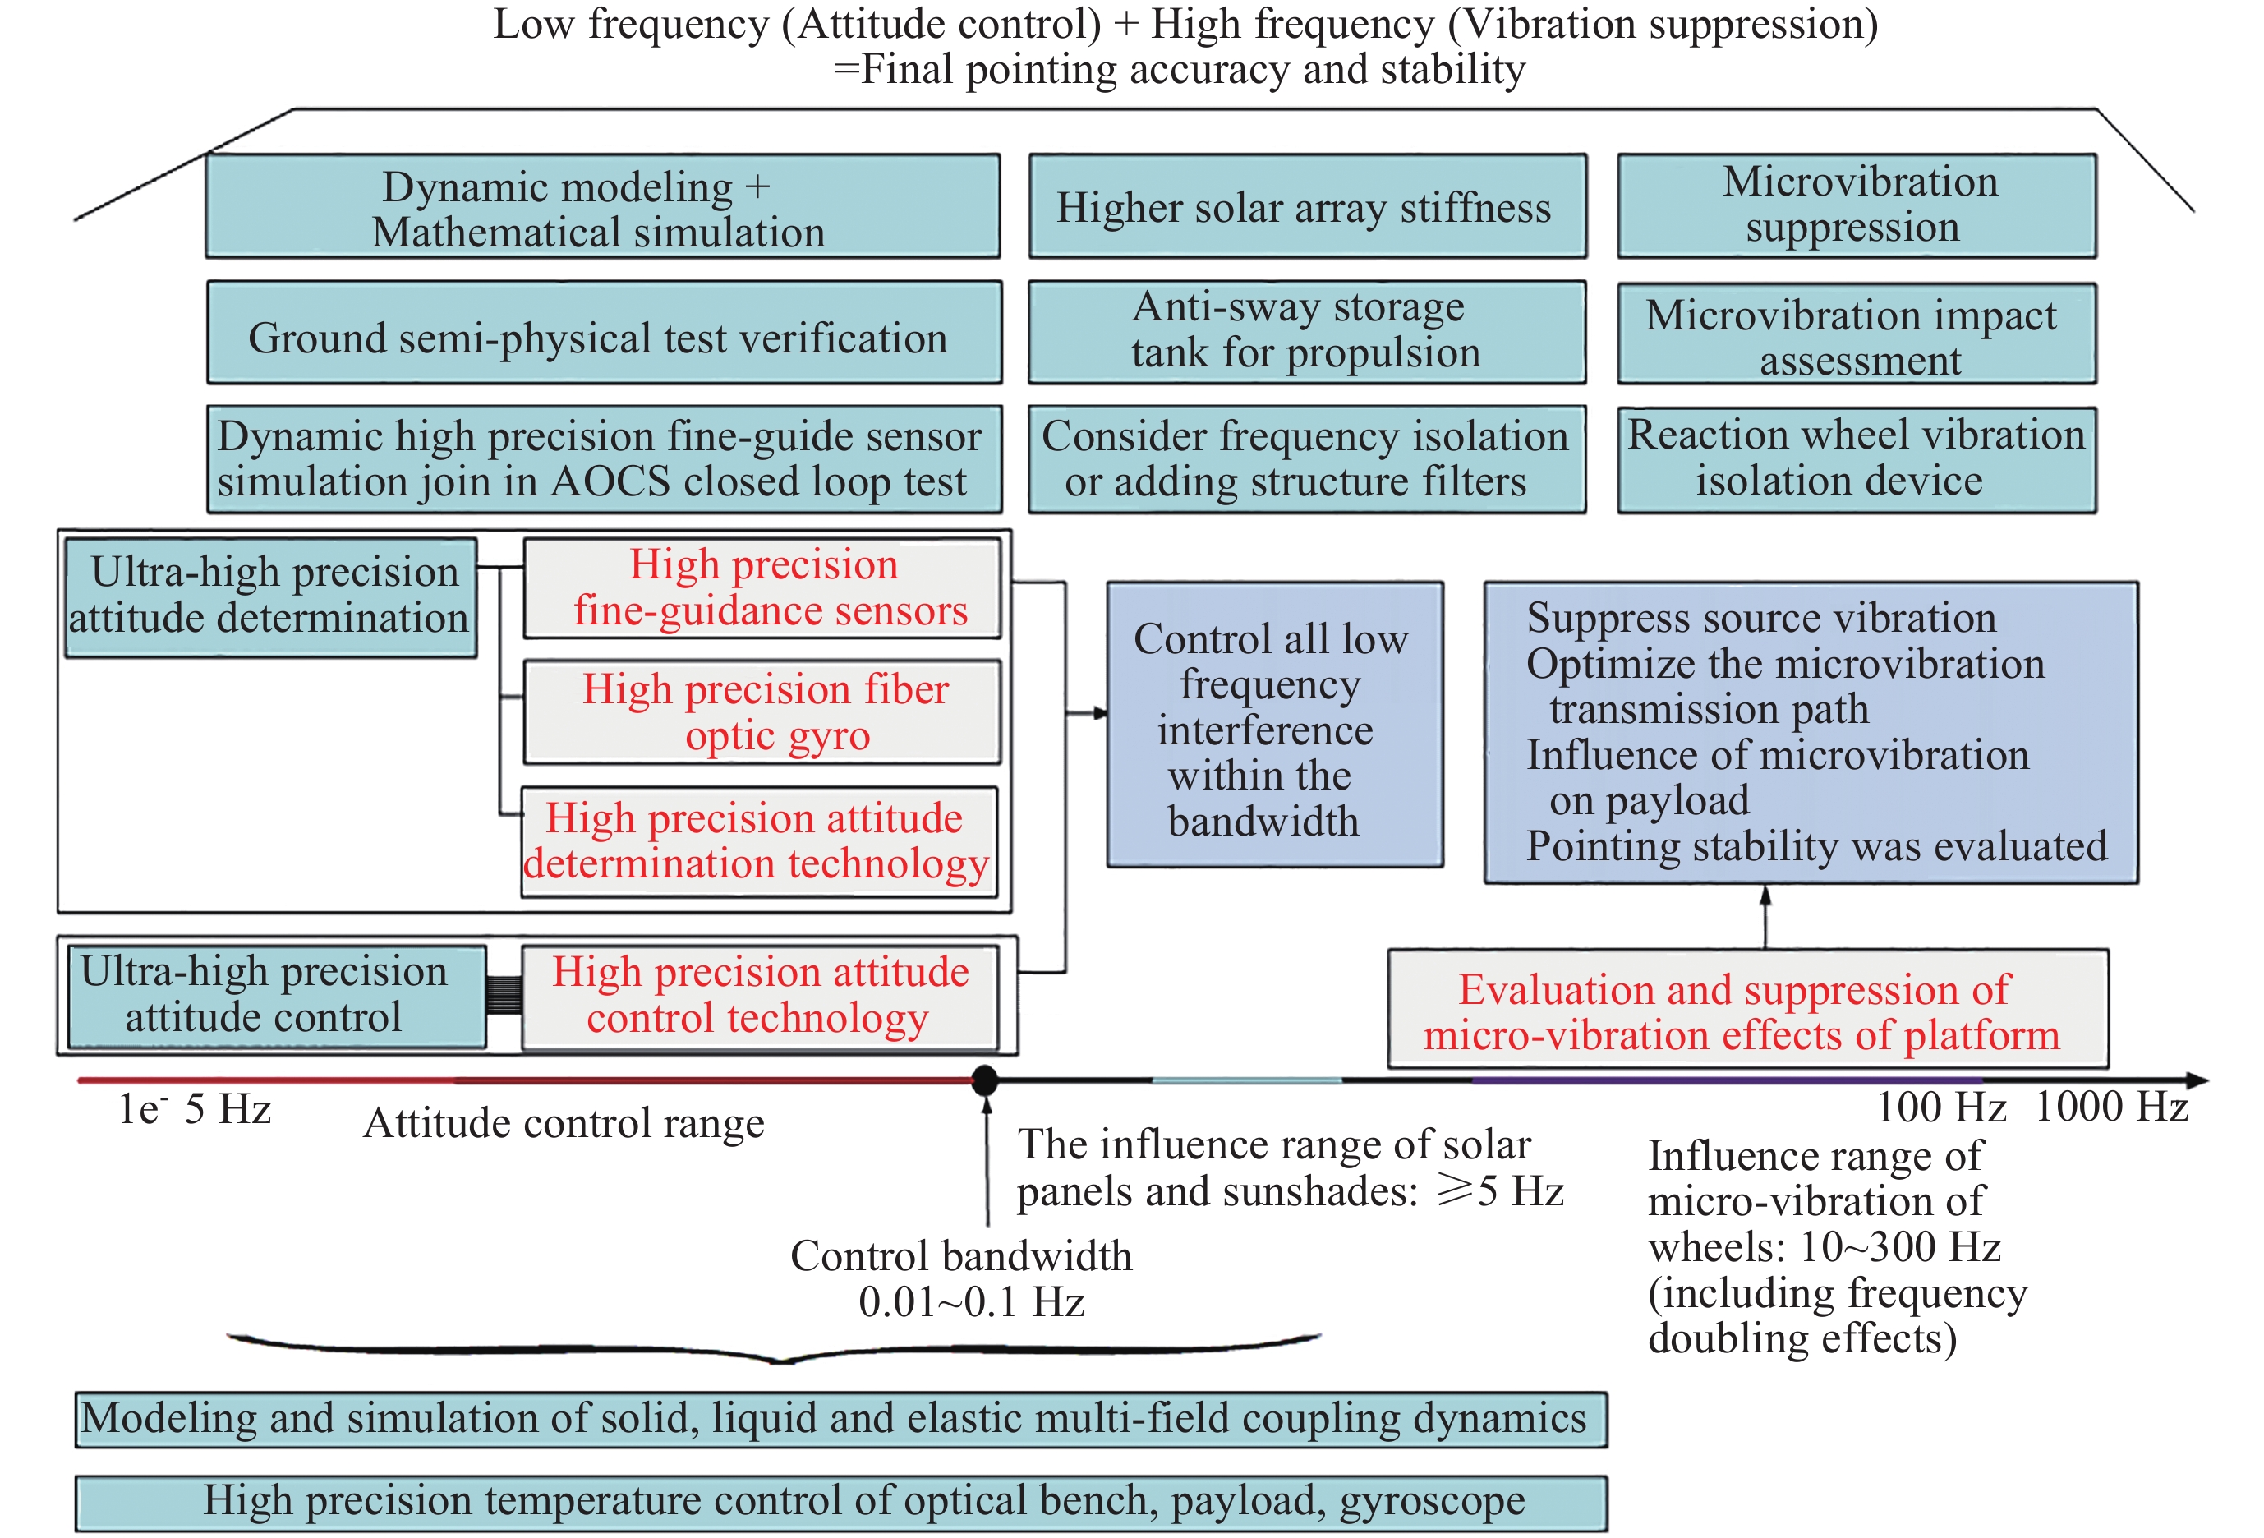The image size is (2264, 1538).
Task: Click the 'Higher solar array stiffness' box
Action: (1306, 206)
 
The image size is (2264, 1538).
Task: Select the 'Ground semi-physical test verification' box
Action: (604, 333)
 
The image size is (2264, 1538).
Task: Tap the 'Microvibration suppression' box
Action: (1857, 205)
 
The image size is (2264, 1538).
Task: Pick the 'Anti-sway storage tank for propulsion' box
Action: (1306, 332)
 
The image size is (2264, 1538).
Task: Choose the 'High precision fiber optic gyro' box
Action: (762, 712)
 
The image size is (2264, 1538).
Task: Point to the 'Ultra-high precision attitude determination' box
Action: (269, 597)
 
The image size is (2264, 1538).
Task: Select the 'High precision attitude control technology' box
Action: (760, 997)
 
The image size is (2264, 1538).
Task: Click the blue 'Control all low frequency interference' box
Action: (1274, 725)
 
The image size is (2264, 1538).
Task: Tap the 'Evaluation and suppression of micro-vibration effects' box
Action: (1746, 1010)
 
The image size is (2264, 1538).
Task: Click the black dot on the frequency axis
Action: (985, 1080)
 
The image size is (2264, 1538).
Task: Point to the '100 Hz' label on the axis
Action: (1940, 1108)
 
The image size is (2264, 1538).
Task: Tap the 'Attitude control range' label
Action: (563, 1124)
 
